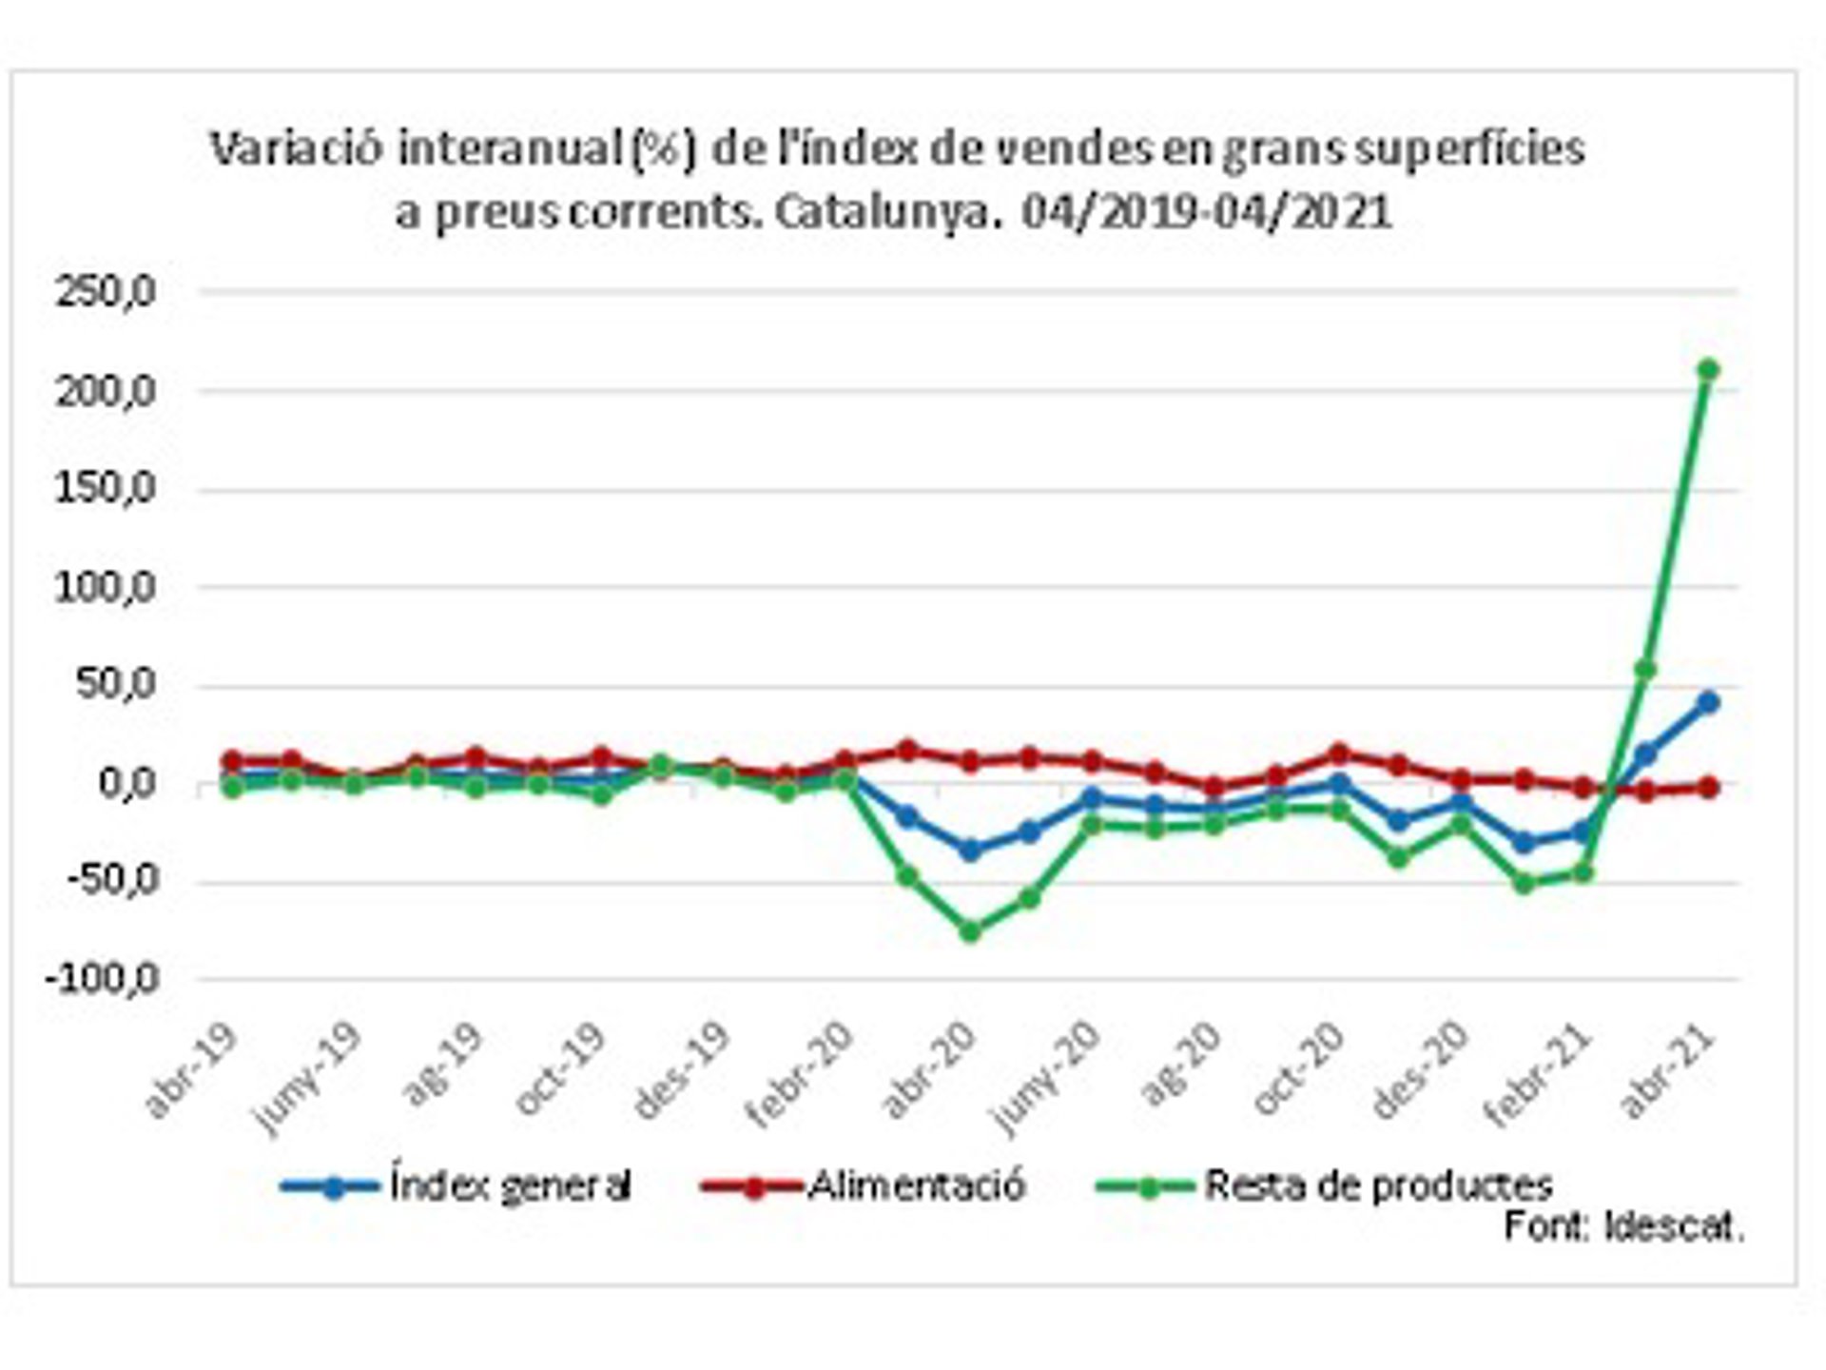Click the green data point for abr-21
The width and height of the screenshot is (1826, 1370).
tap(1707, 369)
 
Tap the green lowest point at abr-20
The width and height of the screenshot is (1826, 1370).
tap(969, 931)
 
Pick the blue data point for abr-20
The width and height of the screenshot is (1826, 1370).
tap(969, 850)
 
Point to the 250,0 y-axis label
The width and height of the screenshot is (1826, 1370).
tap(106, 292)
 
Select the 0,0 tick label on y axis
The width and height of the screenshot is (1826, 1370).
tap(126, 785)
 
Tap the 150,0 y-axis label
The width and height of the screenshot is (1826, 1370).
tap(106, 489)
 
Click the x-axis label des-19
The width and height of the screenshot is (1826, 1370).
tap(682, 1072)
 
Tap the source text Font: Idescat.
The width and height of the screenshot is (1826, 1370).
tap(1623, 1227)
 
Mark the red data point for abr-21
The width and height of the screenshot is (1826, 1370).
tap(1707, 788)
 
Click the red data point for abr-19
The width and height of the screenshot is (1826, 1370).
tap(231, 761)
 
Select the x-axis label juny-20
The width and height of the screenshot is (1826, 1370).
tap(1046, 1079)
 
